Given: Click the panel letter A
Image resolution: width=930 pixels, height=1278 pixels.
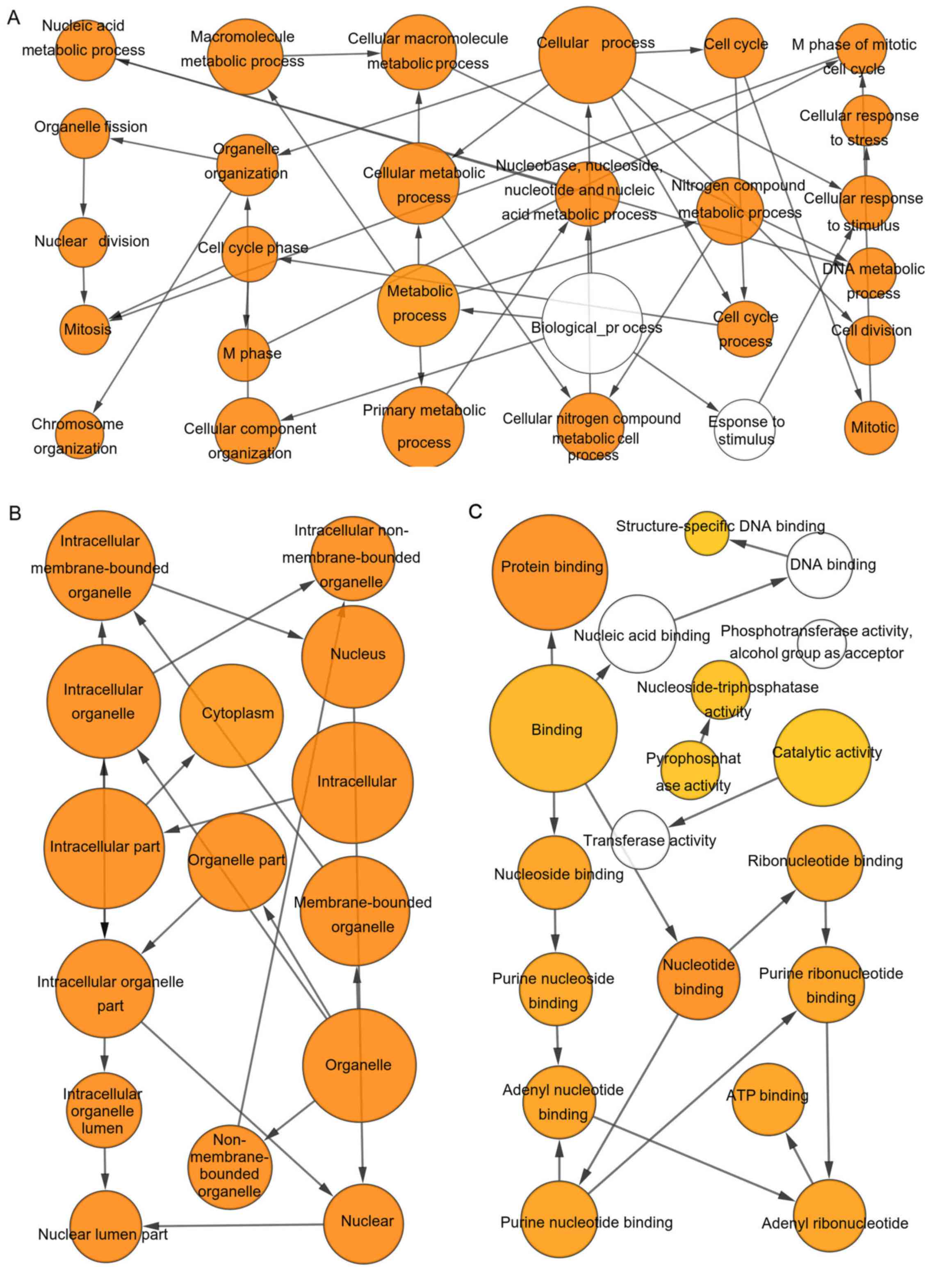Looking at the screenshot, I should pyautogui.click(x=13, y=18).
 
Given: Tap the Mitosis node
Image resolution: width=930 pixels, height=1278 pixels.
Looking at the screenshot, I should pyautogui.click(x=86, y=329).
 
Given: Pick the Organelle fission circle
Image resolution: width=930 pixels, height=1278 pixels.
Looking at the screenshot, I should pyautogui.click(x=84, y=133).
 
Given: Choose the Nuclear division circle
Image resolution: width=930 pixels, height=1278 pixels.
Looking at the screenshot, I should pyautogui.click(x=83, y=242).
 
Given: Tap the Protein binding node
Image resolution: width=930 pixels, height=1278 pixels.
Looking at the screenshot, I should pyautogui.click(x=552, y=572).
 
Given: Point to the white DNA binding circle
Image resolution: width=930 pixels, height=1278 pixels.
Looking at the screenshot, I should pyautogui.click(x=818, y=565).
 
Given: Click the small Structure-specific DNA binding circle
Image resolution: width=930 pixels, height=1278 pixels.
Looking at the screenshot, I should pyautogui.click(x=707, y=533).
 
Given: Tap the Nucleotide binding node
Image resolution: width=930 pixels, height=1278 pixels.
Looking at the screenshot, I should pyautogui.click(x=698, y=978).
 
